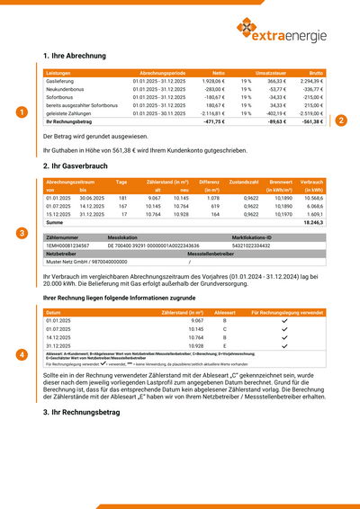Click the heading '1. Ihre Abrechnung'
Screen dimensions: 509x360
click(x=74, y=56)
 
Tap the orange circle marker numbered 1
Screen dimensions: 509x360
click(x=22, y=112)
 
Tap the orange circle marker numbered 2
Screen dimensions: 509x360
click(x=341, y=120)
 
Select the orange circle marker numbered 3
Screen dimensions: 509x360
click(x=22, y=233)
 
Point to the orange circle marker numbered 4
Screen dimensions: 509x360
click(x=22, y=355)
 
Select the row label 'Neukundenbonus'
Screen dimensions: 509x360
click(x=65, y=89)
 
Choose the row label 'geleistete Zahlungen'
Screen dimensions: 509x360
click(x=71, y=114)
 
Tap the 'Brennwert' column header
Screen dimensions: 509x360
click(x=281, y=182)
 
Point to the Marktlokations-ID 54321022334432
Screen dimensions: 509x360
click(x=251, y=245)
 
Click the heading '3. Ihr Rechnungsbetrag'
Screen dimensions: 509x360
click(x=83, y=411)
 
